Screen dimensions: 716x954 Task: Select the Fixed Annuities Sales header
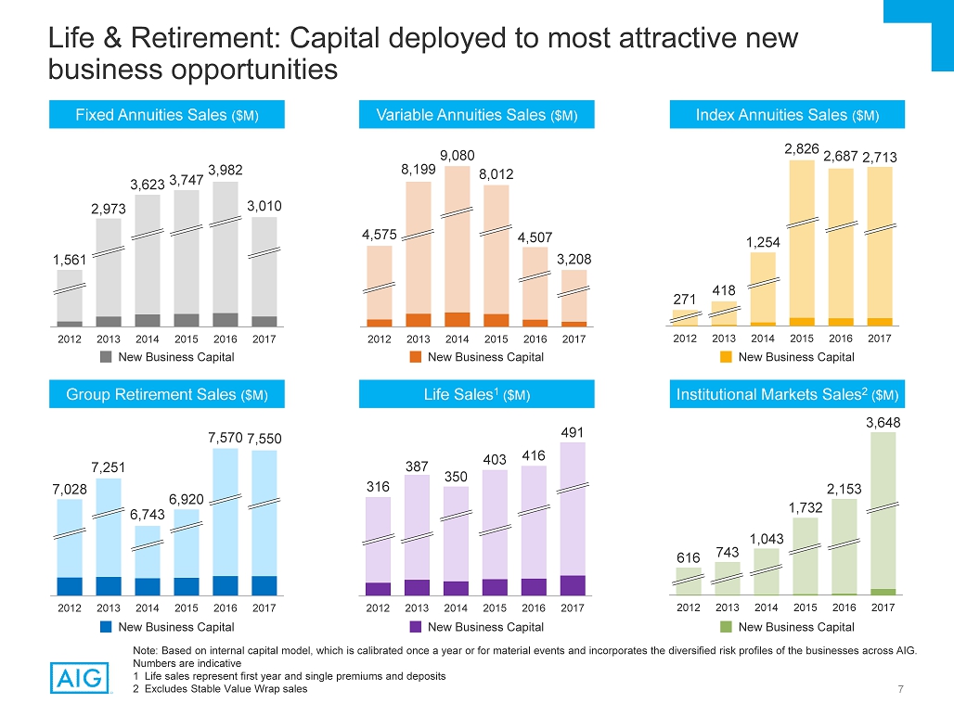click(167, 115)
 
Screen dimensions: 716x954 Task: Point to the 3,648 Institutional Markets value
click(883, 422)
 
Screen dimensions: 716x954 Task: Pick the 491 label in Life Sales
click(573, 431)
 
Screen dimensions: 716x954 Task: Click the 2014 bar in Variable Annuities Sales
click(457, 246)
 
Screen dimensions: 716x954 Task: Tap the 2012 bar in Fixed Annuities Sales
click(70, 298)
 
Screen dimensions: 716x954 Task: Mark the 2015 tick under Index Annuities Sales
click(802, 339)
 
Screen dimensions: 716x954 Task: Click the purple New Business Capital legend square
click(417, 627)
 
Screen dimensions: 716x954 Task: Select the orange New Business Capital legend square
click(416, 357)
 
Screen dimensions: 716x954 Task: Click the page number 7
click(901, 688)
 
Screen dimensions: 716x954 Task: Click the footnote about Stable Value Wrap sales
click(220, 688)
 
